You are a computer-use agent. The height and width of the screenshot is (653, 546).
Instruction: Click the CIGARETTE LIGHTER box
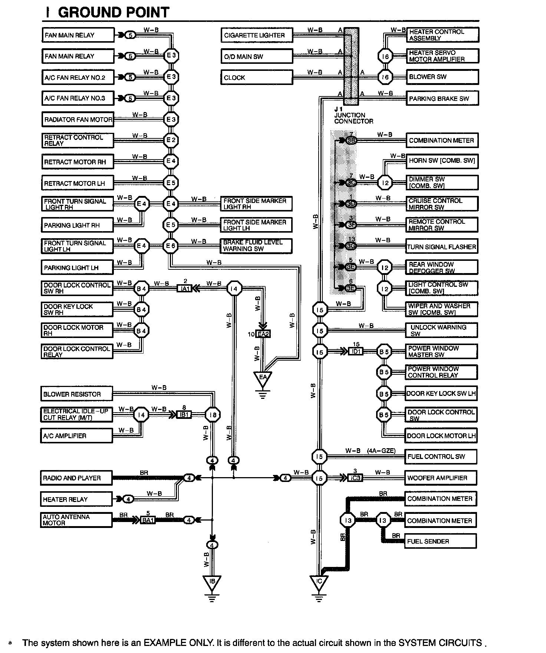256,35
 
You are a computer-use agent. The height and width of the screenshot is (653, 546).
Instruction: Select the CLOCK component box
256,78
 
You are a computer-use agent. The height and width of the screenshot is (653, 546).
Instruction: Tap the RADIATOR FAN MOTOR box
78,119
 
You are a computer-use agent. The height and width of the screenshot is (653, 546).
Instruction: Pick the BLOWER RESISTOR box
76,394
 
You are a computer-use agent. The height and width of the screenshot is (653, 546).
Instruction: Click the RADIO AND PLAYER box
76,478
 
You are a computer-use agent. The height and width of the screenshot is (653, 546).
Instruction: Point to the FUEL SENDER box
440,541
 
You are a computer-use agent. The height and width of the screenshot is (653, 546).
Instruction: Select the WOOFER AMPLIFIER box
440,478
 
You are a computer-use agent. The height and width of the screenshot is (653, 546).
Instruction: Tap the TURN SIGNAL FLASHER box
441,247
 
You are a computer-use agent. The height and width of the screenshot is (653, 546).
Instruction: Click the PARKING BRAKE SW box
442,99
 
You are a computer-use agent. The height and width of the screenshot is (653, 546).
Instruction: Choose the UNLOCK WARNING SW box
441,330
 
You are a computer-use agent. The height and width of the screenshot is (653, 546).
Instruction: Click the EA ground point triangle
263,378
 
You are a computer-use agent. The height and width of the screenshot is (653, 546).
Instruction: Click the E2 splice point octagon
171,140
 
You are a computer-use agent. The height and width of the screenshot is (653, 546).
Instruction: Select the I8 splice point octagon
213,415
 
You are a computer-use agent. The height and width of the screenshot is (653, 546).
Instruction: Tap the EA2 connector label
263,334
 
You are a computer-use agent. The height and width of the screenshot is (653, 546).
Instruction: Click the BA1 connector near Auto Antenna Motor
148,520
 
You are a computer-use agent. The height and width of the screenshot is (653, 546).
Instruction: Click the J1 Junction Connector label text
353,115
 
